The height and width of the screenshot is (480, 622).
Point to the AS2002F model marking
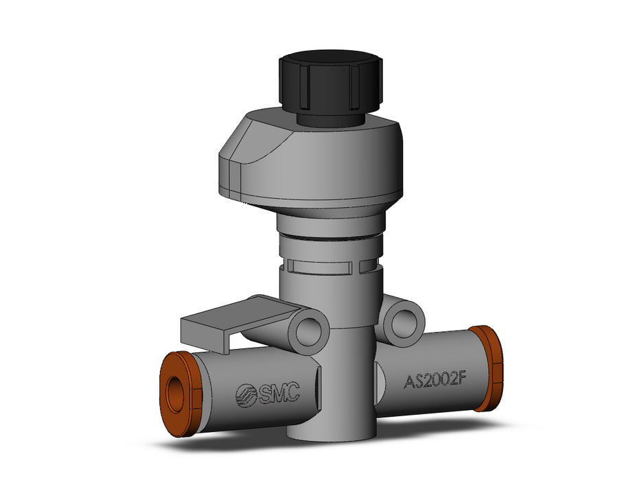(x=434, y=381)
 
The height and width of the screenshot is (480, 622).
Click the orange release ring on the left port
(x=181, y=394)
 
